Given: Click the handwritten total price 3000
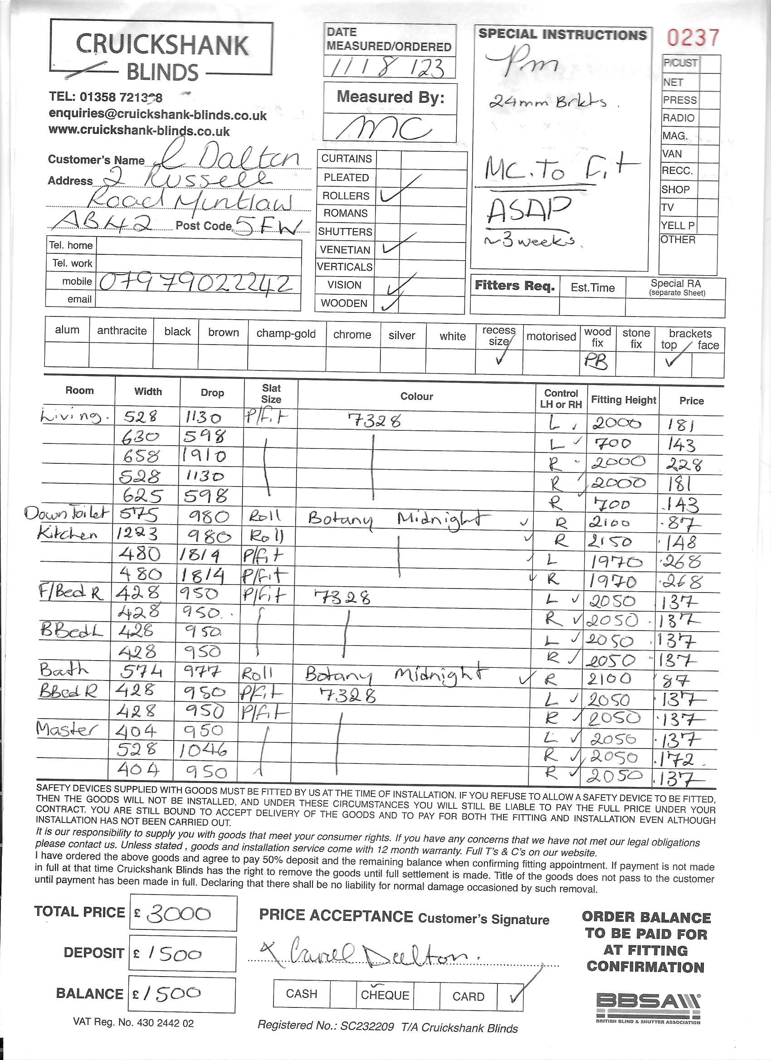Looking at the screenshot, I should coord(179,913).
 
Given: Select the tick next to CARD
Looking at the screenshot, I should coord(515,997).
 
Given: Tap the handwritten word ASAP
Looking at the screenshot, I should coord(528,210).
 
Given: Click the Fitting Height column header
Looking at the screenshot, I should coord(623,400).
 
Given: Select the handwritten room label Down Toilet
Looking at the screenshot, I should coord(67,514).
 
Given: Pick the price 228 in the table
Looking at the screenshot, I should coord(683,464).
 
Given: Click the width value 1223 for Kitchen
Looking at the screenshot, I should coord(137,534).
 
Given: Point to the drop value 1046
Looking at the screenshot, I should coord(203,750).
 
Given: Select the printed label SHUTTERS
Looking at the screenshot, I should coord(345,232).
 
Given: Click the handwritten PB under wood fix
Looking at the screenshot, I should coord(595,362).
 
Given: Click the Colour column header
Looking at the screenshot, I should coord(416,396).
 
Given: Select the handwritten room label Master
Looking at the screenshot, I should coord(67,729).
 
